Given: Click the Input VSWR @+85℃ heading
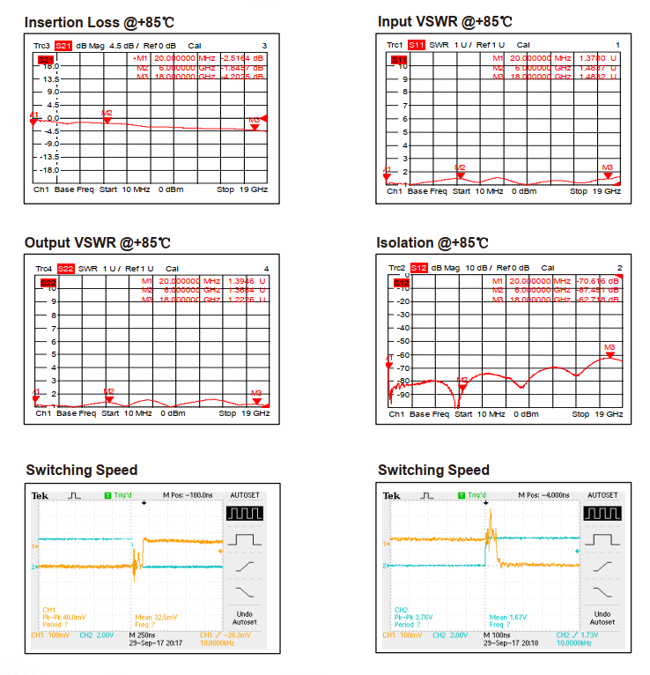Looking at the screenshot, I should [x=445, y=21].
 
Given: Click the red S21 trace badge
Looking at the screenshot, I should [x=63, y=45].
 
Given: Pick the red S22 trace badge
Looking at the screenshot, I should [x=66, y=268].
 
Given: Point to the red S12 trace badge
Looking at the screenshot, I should [x=418, y=268].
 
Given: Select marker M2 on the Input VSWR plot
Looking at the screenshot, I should [x=459, y=173].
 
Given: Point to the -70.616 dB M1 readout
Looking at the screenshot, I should [x=596, y=281].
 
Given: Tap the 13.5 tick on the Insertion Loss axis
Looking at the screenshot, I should [x=51, y=78].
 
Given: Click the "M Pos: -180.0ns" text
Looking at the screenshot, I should [x=188, y=495].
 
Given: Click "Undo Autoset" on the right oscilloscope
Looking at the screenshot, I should [x=602, y=618].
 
